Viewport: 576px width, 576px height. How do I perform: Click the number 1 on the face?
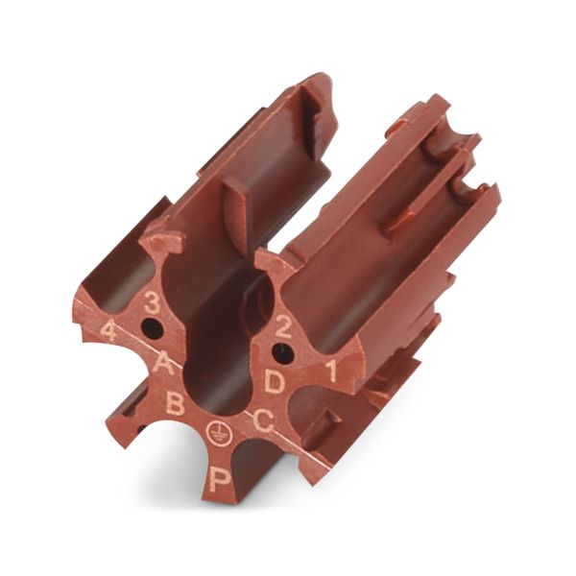[332, 371]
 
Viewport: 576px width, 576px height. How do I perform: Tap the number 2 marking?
[283, 327]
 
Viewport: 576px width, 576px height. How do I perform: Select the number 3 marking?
[151, 302]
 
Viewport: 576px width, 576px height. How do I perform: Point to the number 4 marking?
[108, 330]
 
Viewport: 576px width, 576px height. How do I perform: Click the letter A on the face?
[163, 363]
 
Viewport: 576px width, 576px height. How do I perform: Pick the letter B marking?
[175, 403]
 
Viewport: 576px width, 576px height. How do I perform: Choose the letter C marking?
[263, 421]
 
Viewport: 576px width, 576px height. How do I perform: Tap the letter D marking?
[275, 381]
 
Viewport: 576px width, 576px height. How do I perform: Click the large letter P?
[220, 478]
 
